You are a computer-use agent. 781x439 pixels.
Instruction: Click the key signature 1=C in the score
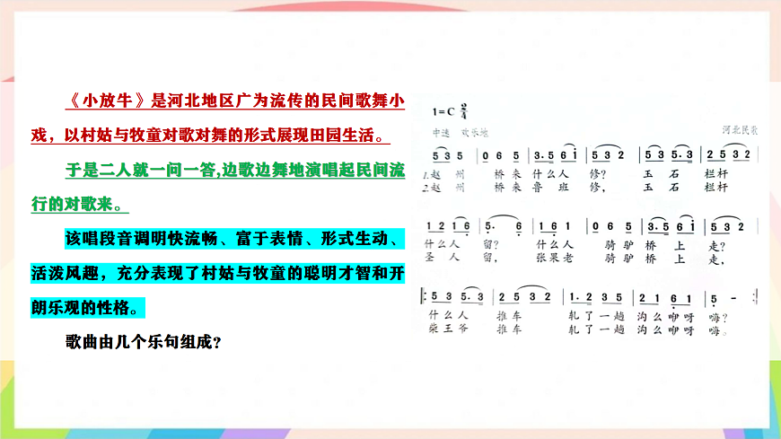443,112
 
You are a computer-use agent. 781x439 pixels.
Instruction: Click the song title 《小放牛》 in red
108,100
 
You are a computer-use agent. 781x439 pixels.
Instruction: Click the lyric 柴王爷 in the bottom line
444,329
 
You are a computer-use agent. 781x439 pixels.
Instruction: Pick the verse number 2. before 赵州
424,188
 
